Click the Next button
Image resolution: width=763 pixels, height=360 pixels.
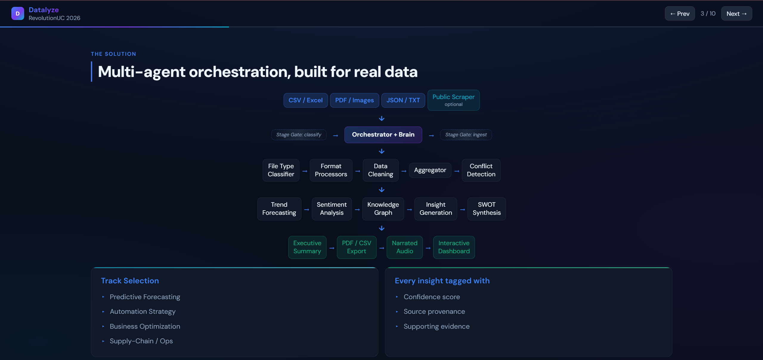736,14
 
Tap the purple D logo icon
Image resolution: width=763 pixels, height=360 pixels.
18,14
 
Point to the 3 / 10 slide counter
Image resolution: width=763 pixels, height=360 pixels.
708,14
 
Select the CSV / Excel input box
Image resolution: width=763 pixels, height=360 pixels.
305,100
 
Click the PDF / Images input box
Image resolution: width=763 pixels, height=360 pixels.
354,100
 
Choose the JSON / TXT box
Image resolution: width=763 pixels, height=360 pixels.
403,100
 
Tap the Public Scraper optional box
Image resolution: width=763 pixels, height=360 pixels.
453,100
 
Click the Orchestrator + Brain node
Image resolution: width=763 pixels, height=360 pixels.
383,135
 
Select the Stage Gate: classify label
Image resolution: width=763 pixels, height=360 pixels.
298,135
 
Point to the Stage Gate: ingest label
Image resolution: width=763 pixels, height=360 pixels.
466,135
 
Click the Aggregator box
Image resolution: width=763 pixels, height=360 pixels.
430,170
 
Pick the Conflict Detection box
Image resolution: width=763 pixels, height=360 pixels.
481,170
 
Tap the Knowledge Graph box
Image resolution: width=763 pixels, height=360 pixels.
383,209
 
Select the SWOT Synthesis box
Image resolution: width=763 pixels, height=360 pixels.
486,209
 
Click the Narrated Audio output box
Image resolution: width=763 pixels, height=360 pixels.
404,247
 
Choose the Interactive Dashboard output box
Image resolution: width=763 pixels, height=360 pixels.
454,247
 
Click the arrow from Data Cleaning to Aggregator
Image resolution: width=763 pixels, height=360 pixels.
404,171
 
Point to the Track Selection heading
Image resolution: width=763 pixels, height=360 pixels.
130,281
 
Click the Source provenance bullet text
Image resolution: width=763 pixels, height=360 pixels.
434,312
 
